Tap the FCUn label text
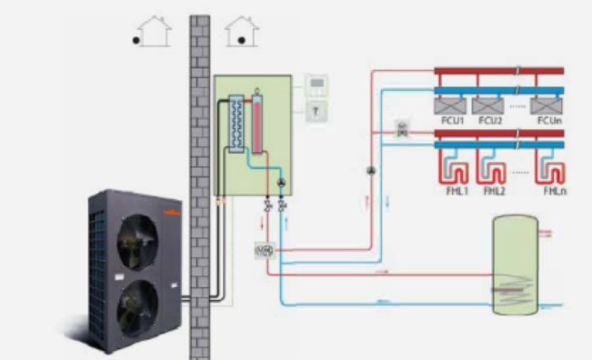coord(548,120)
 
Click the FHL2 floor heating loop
coord(494,173)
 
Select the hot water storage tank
coord(514,264)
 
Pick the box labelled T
coord(315,109)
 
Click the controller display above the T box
coord(316,85)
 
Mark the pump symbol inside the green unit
coord(280,184)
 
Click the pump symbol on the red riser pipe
coord(370,170)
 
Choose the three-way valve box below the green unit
coord(265,248)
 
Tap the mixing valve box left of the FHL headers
coord(402,129)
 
